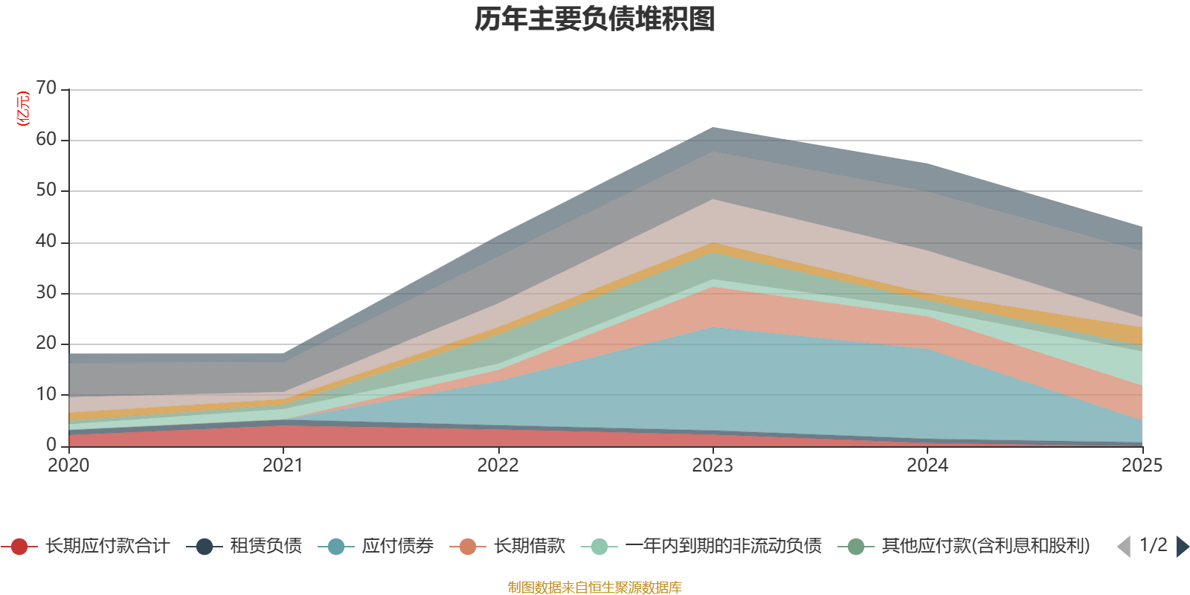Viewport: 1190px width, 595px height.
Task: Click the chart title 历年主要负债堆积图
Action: pyautogui.click(x=595, y=19)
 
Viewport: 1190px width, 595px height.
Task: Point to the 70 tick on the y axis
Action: pyautogui.click(x=46, y=89)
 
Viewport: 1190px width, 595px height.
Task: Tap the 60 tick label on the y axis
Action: pyautogui.click(x=46, y=140)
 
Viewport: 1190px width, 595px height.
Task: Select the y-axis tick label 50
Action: pyautogui.click(x=46, y=190)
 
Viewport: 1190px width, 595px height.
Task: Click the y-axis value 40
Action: pyautogui.click(x=46, y=242)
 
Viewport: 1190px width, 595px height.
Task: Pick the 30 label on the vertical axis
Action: pyautogui.click(x=46, y=293)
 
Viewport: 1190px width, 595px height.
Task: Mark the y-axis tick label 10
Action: pyautogui.click(x=46, y=395)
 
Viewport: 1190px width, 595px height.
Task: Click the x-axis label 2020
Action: pyautogui.click(x=68, y=466)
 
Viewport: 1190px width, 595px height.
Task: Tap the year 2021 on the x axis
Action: pyautogui.click(x=283, y=466)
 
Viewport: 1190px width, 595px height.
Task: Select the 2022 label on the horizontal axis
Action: pyautogui.click(x=498, y=466)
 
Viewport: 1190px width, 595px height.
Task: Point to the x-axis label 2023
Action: pyautogui.click(x=713, y=466)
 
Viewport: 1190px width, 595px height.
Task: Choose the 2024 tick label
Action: pyautogui.click(x=927, y=466)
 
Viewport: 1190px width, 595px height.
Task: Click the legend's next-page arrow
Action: pyautogui.click(x=1182, y=547)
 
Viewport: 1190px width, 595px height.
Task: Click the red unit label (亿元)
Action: pyautogui.click(x=24, y=109)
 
